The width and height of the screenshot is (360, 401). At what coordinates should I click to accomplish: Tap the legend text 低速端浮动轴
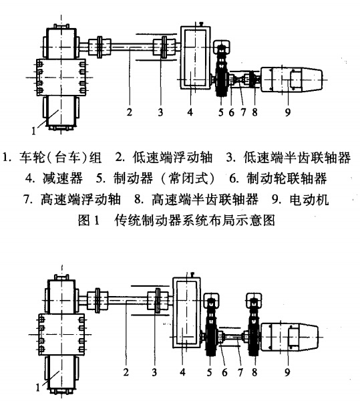pyautogui.click(x=174, y=159)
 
